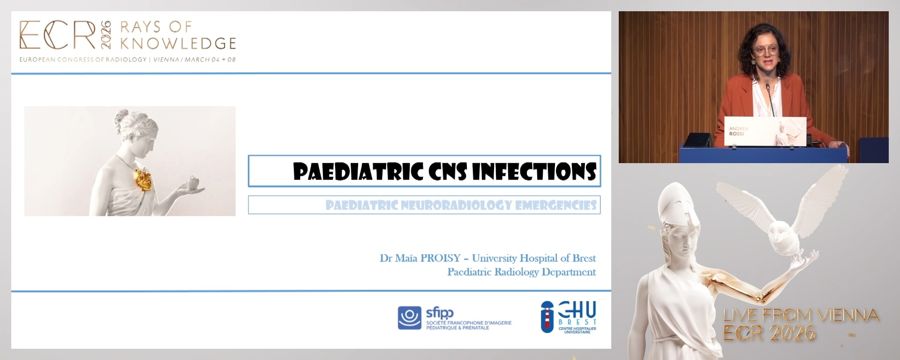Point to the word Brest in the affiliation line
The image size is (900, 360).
coord(584,258)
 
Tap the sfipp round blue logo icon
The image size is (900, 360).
coord(410,318)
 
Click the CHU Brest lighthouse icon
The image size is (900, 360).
coord(547,317)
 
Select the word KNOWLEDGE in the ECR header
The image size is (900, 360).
coord(178,44)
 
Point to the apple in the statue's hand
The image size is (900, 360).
coord(193,182)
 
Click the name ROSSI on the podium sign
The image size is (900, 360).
coord(736,134)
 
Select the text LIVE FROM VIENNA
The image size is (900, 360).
coord(801,315)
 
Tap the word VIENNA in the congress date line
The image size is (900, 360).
coord(166,60)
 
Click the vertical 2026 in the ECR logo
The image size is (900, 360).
coord(106,35)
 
